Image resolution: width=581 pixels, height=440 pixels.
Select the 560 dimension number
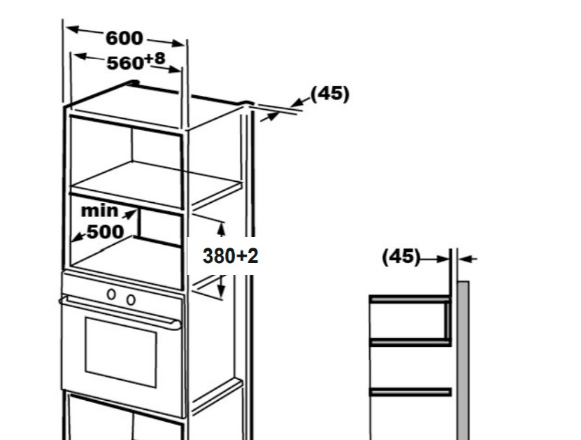pyautogui.click(x=125, y=64)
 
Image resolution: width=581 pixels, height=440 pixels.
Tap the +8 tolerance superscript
pyautogui.click(x=155, y=58)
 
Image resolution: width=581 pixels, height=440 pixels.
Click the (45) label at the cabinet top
pyautogui.click(x=329, y=94)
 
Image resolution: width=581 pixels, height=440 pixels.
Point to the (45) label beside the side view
pyautogui.click(x=401, y=257)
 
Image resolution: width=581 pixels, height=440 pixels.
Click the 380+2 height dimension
pyautogui.click(x=231, y=256)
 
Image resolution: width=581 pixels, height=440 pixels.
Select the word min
pyautogui.click(x=99, y=210)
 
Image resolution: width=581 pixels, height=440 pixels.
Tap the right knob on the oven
pyautogui.click(x=131, y=299)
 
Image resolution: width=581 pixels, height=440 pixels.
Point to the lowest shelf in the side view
pyautogui.click(x=410, y=392)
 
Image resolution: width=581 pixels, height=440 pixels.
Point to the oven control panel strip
pyautogui.click(x=122, y=287)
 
